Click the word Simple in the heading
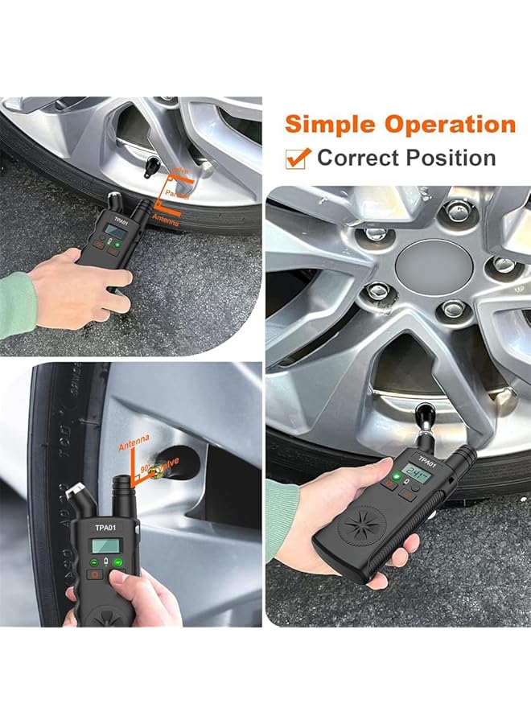[331, 125]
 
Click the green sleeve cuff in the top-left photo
[18, 302]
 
